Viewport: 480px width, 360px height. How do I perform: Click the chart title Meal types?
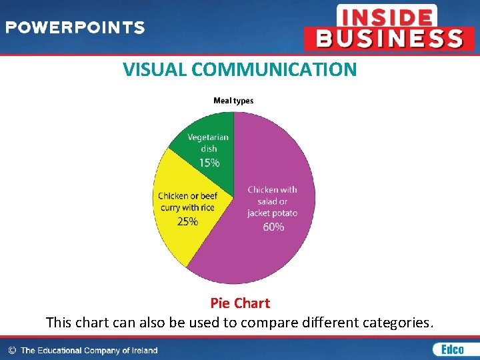click(x=233, y=101)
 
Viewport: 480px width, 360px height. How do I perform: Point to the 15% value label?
click(x=209, y=163)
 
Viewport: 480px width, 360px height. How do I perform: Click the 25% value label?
click(x=187, y=221)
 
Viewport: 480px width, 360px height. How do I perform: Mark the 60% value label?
click(x=273, y=227)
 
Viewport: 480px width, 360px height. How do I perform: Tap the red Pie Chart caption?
click(x=240, y=303)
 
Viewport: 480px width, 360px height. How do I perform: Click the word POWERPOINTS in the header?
click(x=75, y=28)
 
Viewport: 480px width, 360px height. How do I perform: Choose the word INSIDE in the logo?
click(x=387, y=16)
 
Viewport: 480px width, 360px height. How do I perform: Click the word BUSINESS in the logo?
click(x=390, y=39)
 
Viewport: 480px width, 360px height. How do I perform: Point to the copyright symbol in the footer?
click(x=12, y=350)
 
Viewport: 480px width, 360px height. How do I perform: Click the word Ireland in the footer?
click(x=143, y=350)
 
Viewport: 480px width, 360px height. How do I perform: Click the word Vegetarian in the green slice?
click(x=208, y=137)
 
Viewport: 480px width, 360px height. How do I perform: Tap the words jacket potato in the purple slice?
click(x=272, y=213)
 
